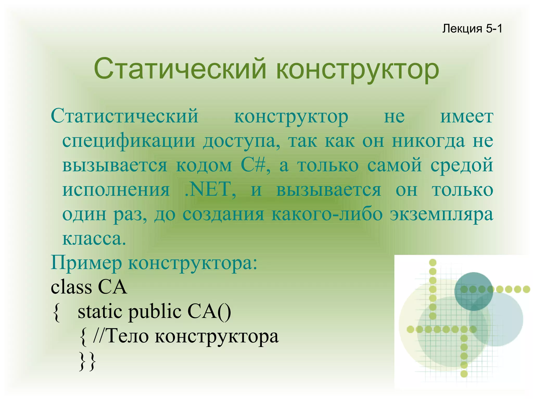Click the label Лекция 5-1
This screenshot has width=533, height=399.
[472, 29]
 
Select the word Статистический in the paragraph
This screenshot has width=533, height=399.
[125, 116]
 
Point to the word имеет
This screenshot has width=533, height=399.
[467, 116]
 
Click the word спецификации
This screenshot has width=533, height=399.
[129, 141]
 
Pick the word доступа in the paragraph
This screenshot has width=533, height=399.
[242, 141]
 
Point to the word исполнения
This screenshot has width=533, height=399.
[116, 189]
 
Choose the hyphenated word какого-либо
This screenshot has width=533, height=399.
[327, 214]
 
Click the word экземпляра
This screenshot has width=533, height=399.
[441, 214]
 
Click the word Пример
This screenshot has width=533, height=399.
[86, 263]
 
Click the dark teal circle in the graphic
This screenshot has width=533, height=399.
[473, 291]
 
